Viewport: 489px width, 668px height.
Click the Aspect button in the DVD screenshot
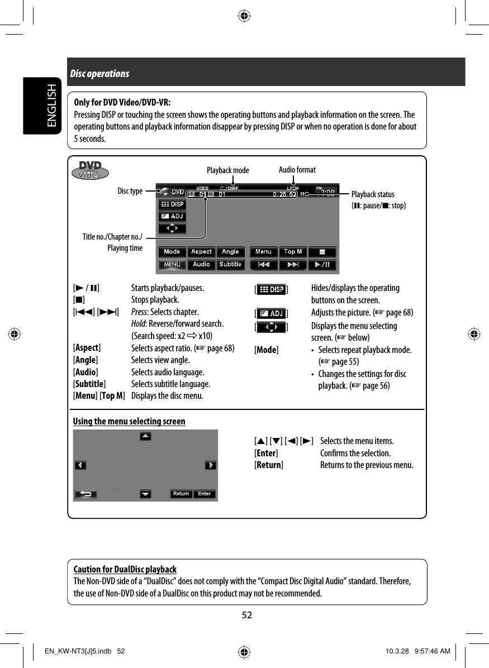pyautogui.click(x=201, y=252)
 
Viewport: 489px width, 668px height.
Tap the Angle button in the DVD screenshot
pyautogui.click(x=230, y=252)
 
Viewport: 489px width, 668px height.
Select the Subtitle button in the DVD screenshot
pyautogui.click(x=230, y=264)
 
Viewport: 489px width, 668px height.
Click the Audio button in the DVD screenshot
pyautogui.click(x=201, y=264)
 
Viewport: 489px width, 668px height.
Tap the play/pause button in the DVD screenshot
pyautogui.click(x=322, y=264)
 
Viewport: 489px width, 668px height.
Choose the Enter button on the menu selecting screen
pyautogui.click(x=205, y=494)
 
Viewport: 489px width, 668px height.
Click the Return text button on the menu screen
pyautogui.click(x=181, y=494)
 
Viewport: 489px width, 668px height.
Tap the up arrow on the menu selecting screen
pyautogui.click(x=145, y=436)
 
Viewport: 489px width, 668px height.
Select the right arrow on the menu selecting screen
pyautogui.click(x=210, y=465)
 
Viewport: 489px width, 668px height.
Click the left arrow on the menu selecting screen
pyautogui.click(x=80, y=465)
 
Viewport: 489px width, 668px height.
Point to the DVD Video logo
pyautogui.click(x=91, y=170)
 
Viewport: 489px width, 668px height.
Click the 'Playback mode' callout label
pyautogui.click(x=228, y=170)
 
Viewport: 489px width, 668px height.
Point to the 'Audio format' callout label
pyautogui.click(x=297, y=170)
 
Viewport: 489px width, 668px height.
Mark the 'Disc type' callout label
pyautogui.click(x=130, y=191)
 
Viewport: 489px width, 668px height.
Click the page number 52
pyautogui.click(x=246, y=615)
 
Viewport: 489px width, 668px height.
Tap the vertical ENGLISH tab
pyautogui.click(x=51, y=106)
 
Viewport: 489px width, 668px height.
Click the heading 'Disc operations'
pyautogui.click(x=99, y=74)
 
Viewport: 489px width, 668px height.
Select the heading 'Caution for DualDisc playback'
pyautogui.click(x=125, y=570)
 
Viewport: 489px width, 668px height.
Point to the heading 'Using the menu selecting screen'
pyautogui.click(x=129, y=421)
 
